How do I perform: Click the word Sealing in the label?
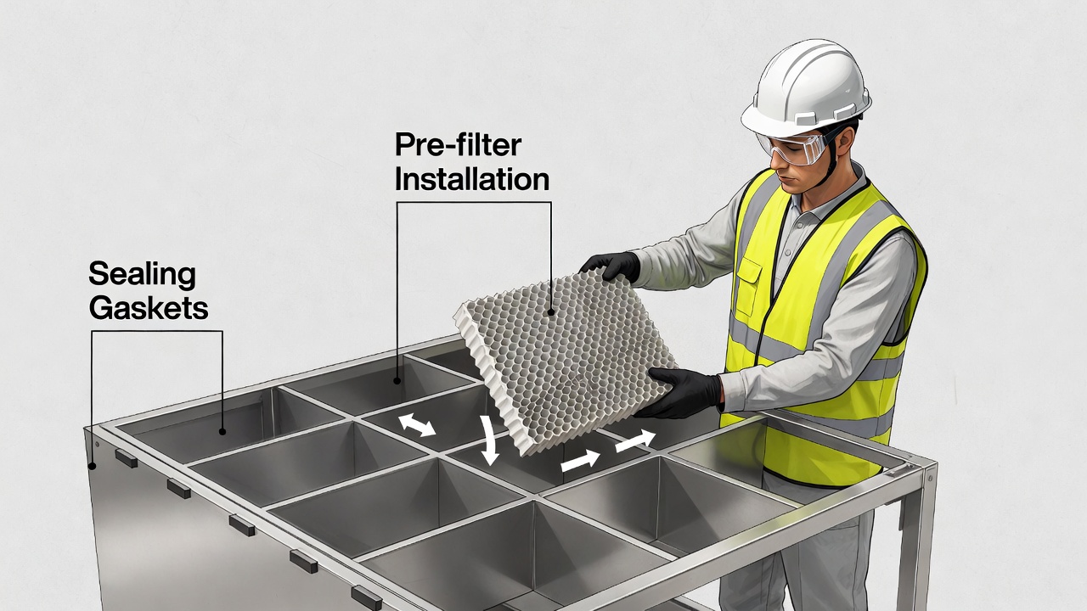[x=142, y=275]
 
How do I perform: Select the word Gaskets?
[x=149, y=307]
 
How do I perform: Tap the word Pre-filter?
[x=458, y=146]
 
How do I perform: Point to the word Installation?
[x=472, y=179]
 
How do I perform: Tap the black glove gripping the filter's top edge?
[x=613, y=266]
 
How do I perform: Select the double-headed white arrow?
[x=417, y=424]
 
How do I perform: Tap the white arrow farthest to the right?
[x=635, y=440]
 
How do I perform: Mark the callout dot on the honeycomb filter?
[x=551, y=311]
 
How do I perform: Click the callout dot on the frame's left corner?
[x=92, y=466]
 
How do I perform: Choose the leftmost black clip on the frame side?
[x=126, y=459]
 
